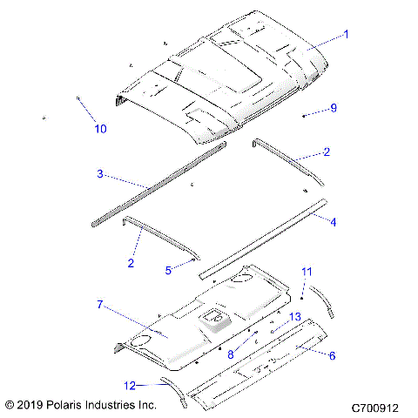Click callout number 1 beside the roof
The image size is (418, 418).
click(x=346, y=35)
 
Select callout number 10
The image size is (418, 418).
click(x=101, y=129)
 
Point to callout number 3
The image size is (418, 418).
click(x=101, y=174)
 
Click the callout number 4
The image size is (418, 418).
click(x=332, y=221)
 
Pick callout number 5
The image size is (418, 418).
click(x=168, y=270)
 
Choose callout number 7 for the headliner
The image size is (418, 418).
click(x=101, y=304)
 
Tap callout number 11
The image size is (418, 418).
click(x=306, y=272)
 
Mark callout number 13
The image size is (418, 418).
click(x=295, y=316)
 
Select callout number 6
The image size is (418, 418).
click(x=332, y=354)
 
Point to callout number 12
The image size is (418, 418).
click(x=130, y=384)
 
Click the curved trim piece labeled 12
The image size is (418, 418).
click(x=171, y=389)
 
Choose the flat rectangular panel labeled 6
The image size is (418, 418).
click(x=261, y=362)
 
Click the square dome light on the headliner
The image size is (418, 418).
click(x=212, y=321)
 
